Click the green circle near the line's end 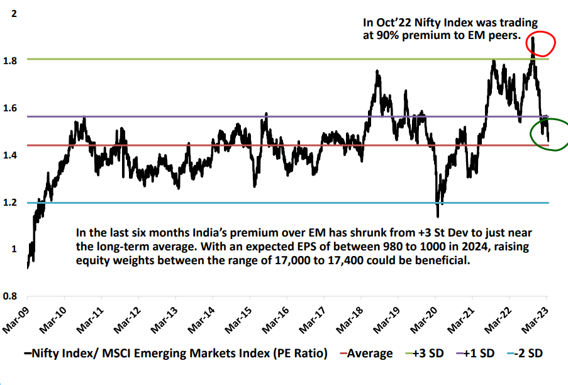549,133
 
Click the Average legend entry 365,354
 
